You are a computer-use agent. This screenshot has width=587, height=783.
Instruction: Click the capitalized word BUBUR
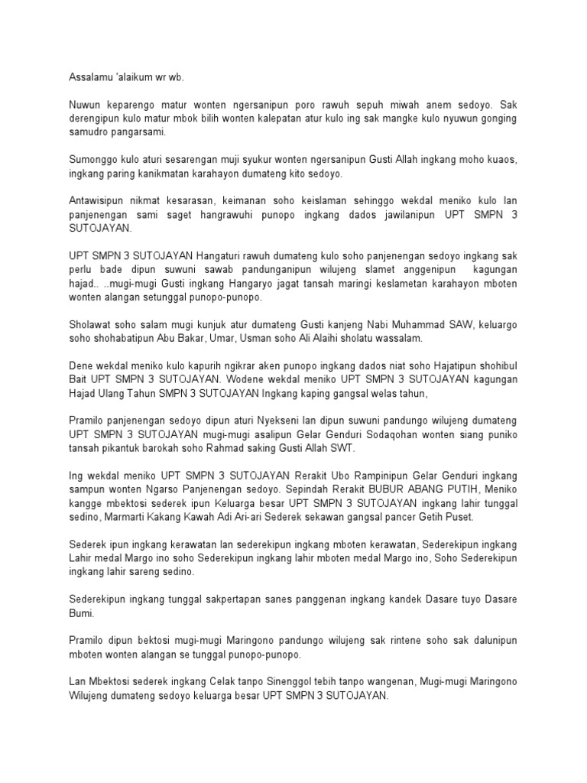point(394,490)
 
